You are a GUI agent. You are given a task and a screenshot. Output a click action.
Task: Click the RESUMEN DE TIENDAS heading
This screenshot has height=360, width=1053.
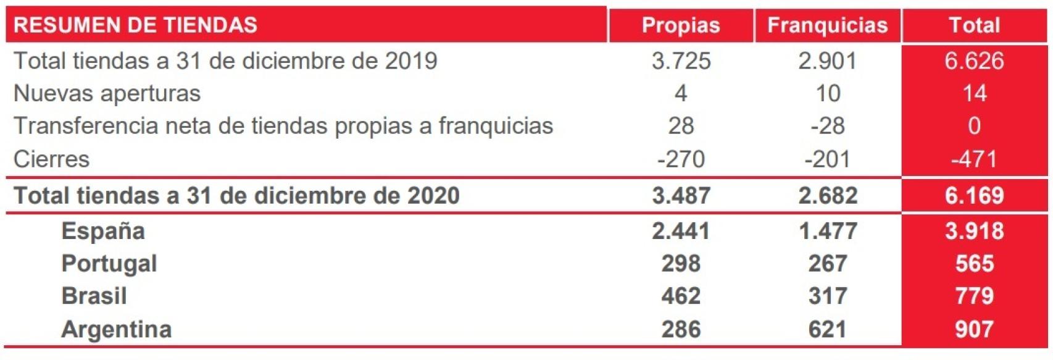[135, 25]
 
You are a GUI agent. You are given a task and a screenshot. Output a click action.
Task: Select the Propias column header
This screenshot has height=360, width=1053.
[681, 25]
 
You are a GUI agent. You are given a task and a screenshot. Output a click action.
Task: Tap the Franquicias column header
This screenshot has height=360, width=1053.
[827, 25]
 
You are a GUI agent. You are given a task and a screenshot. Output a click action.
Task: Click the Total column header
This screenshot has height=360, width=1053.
[974, 25]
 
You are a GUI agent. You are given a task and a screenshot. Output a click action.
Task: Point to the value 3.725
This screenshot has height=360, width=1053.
[681, 61]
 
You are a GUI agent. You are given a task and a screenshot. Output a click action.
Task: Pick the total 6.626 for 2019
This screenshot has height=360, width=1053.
[974, 61]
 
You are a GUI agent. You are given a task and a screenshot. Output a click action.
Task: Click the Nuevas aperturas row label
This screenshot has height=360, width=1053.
[107, 94]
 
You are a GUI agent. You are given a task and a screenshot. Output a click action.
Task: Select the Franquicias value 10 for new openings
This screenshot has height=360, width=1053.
[828, 94]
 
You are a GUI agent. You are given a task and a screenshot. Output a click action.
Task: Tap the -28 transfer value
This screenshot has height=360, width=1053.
[827, 126]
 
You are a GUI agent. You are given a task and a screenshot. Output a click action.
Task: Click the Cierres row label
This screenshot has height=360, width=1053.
[51, 159]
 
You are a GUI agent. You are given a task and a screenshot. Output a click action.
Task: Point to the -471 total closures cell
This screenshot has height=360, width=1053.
[974, 159]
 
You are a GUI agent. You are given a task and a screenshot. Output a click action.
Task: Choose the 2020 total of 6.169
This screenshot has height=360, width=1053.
[974, 196]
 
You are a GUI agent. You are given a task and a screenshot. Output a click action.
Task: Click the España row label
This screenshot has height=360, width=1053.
[103, 231]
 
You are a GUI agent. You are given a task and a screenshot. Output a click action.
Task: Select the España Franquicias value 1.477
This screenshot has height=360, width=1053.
[827, 231]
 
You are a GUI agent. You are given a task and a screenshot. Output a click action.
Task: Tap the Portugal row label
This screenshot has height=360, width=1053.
[109, 264]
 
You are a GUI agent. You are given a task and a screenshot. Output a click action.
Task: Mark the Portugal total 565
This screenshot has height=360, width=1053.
[974, 264]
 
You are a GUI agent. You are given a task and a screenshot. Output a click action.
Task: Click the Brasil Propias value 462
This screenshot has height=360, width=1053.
[681, 296]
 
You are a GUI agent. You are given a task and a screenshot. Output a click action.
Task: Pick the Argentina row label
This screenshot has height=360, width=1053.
[116, 329]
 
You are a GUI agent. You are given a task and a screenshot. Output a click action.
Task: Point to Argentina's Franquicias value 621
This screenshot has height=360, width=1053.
[827, 329]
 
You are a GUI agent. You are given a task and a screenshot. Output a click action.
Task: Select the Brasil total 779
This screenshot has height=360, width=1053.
[974, 296]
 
